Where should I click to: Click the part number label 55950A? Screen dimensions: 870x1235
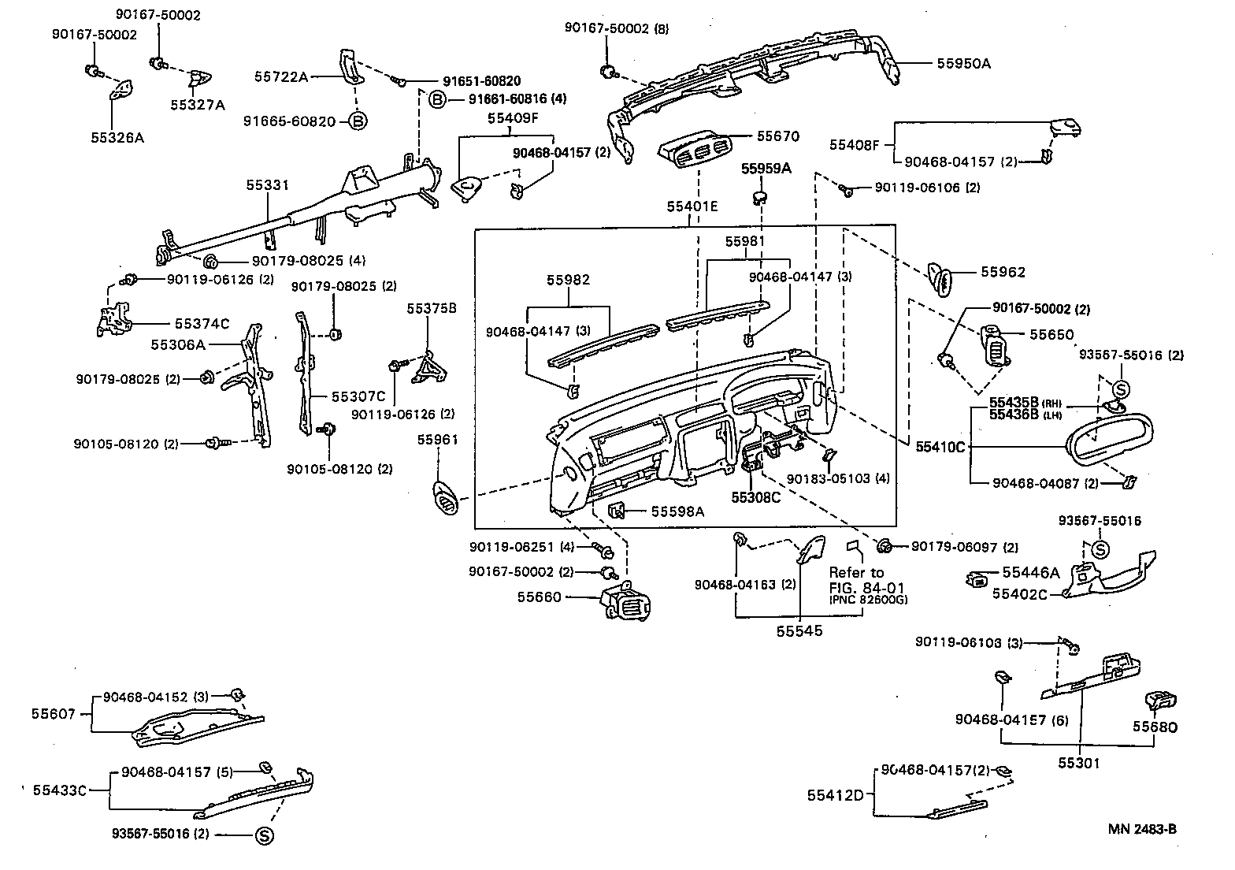(963, 64)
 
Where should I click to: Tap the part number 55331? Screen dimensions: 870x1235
(267, 185)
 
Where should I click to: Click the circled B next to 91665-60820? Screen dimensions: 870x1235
(357, 121)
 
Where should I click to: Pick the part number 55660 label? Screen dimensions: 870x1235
(539, 597)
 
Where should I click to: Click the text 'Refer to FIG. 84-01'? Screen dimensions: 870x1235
(857, 580)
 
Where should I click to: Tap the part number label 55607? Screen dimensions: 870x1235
(54, 714)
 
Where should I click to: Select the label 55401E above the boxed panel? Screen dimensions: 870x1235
(692, 206)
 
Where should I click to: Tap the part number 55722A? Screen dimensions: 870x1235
(281, 76)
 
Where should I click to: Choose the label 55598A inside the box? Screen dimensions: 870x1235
(677, 511)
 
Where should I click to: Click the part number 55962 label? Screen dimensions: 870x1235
(1003, 272)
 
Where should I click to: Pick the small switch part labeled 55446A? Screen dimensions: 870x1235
(977, 582)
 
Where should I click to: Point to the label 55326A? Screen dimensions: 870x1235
(117, 137)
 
